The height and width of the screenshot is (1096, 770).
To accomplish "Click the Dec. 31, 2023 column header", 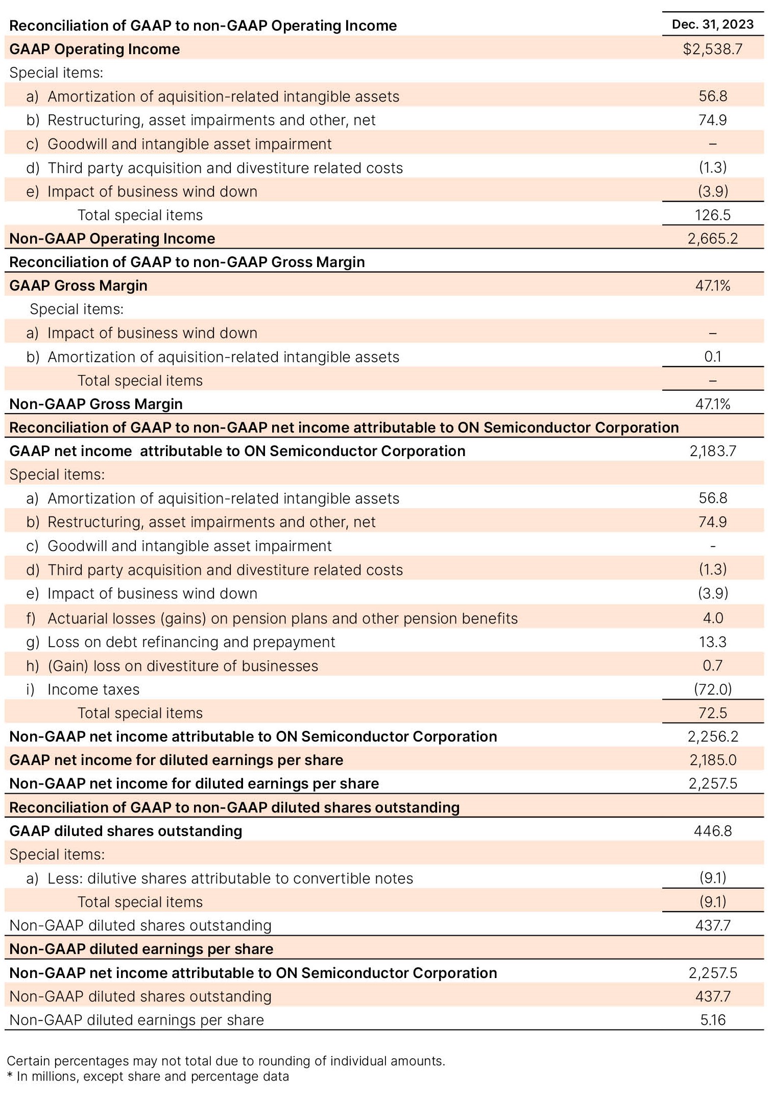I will pos(712,25).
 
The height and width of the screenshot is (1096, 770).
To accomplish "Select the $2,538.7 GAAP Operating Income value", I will pos(712,49).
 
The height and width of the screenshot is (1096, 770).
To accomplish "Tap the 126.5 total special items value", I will pos(712,215).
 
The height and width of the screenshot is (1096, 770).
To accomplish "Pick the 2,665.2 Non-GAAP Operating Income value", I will pos(712,239).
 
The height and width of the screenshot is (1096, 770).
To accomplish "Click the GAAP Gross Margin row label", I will pos(78,285).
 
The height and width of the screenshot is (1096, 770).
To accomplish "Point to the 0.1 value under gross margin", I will pos(712,356).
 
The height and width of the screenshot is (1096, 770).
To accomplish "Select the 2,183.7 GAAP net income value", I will pos(712,451).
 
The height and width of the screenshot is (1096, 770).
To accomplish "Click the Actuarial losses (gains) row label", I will pos(282,618).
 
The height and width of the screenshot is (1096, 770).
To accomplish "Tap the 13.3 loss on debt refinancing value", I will pos(712,642).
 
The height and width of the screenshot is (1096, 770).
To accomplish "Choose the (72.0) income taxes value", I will pos(712,689).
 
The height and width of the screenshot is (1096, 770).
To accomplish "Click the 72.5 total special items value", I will pos(712,713).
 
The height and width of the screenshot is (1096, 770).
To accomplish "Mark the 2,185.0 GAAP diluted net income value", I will pos(712,760).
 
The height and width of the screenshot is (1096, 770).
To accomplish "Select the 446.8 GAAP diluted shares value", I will pos(712,831).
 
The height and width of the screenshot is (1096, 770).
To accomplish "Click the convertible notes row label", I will pos(230,878).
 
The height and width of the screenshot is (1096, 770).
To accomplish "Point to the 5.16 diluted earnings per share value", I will pos(712,1020).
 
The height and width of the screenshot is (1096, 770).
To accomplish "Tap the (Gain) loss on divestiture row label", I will pos(182,666).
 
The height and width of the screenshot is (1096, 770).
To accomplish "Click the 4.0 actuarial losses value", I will pos(712,618).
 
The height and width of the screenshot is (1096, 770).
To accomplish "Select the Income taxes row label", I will pos(93,689).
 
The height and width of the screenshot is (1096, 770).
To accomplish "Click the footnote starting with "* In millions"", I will pos(148,1077).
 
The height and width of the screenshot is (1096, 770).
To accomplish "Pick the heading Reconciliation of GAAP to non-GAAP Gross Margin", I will pos(187,262).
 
